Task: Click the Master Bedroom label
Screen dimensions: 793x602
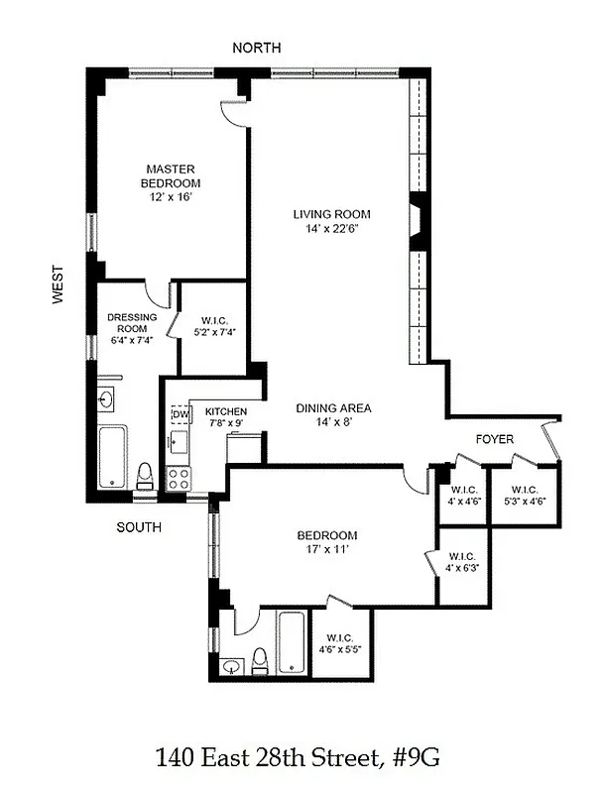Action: point(172,175)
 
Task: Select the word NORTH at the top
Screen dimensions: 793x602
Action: point(256,48)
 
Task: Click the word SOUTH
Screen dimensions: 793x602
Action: point(139,527)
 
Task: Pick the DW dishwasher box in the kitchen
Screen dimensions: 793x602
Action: point(181,414)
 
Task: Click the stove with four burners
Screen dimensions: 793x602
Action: point(178,480)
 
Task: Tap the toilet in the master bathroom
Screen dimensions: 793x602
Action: point(144,474)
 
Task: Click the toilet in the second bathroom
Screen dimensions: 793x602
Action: point(260,659)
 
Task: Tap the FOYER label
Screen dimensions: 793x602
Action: point(495,438)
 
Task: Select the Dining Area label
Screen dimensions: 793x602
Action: point(333,407)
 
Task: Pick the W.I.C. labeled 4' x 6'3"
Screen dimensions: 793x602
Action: point(462,562)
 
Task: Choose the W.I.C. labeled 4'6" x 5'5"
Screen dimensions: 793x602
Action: point(339,643)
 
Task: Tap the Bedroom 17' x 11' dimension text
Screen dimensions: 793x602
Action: point(327,551)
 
